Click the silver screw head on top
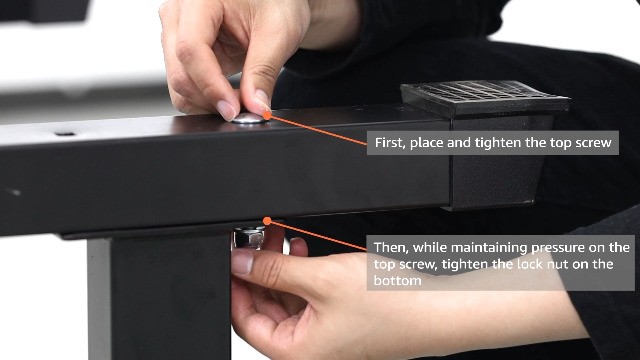coord(249,118)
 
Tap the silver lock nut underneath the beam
coord(248,238)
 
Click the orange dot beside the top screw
coord(267,116)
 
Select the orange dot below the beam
coord(267,221)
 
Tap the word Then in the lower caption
coord(391,247)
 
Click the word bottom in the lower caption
coord(398,281)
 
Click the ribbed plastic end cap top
coord(484,97)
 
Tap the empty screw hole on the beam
coord(65,133)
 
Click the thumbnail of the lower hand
coord(242,262)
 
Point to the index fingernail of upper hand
coord(226,110)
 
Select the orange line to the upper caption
coord(317,130)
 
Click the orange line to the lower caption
coord(317,235)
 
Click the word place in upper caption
coord(427,144)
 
